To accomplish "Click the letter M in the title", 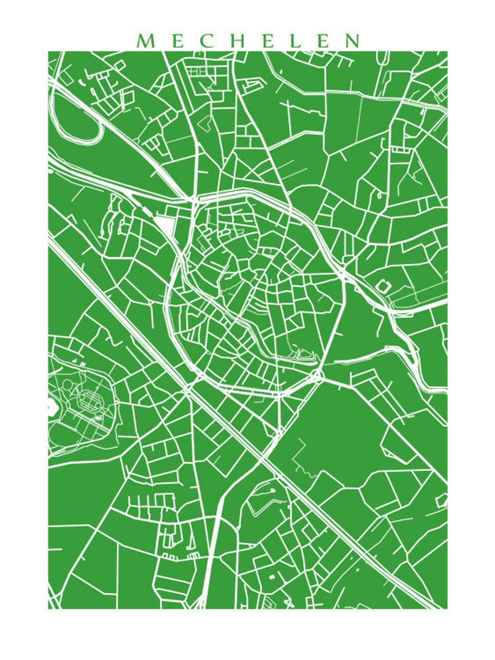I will coord(145,41).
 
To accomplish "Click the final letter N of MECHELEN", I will coord(352,41).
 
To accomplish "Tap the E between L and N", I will coord(323,41).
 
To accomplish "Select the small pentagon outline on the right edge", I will coord(442,500).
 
